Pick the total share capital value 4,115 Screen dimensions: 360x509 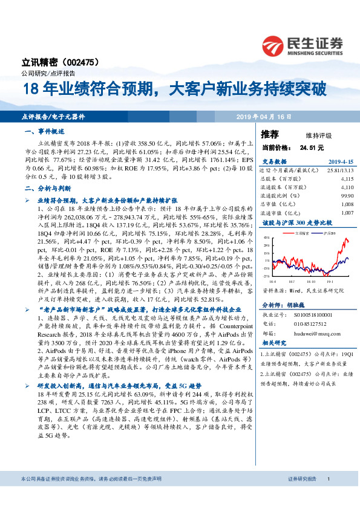pos(346,180)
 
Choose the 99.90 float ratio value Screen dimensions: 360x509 pos(347,196)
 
